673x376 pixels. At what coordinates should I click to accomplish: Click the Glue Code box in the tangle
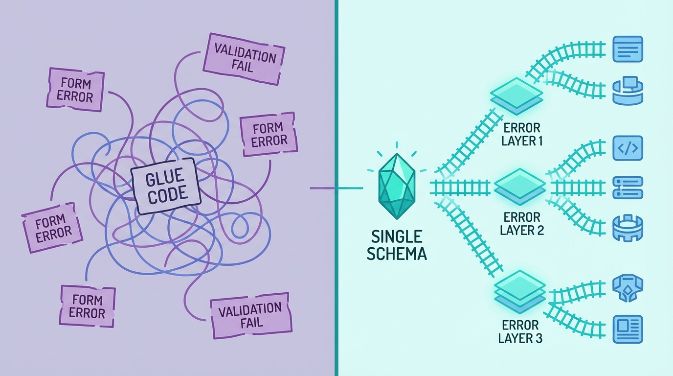click(167, 186)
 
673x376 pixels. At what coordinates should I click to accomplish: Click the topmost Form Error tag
click(75, 90)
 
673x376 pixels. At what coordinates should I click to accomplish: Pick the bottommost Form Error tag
click(87, 306)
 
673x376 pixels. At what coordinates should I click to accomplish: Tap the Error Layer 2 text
click(522, 223)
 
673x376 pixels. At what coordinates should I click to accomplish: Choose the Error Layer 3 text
click(520, 331)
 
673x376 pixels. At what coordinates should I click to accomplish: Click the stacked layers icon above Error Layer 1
click(516, 94)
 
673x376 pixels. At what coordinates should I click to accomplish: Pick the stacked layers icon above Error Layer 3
click(519, 289)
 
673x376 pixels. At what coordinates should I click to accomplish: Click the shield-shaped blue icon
click(628, 289)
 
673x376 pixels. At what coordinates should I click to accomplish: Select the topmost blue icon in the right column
click(628, 49)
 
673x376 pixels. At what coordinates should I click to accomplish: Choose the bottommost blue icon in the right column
click(628, 329)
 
